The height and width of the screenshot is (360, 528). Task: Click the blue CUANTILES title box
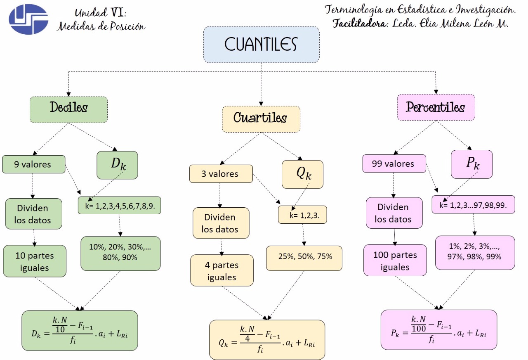click(261, 45)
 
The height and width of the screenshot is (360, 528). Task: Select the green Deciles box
click(68, 109)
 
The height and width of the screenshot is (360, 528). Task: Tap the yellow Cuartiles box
click(261, 119)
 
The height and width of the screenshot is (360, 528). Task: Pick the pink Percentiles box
click(436, 107)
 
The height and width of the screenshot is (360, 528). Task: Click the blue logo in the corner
click(28, 19)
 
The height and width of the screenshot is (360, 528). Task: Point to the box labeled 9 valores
click(33, 164)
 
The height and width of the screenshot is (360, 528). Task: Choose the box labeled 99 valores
click(394, 163)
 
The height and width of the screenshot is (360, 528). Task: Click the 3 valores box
click(221, 174)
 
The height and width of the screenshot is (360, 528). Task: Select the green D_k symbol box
click(118, 165)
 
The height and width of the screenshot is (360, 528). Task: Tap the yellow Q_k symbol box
click(302, 174)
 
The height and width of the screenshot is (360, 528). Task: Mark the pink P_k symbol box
click(471, 164)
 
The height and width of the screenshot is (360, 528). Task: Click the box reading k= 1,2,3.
click(302, 215)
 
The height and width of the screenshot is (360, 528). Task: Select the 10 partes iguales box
click(35, 261)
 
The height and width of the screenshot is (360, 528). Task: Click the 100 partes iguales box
click(395, 261)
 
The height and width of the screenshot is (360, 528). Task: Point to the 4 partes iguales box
click(222, 270)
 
